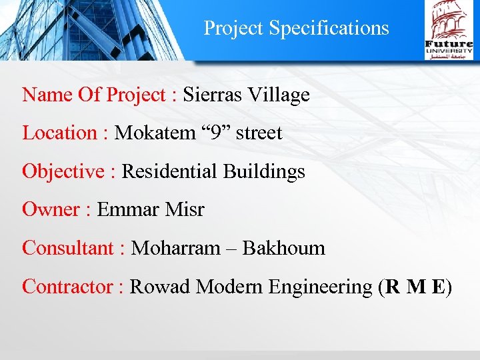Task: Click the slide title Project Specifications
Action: [296, 28]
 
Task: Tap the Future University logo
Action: [449, 30]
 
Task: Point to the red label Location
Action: [60, 133]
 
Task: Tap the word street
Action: [259, 133]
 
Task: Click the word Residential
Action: [169, 171]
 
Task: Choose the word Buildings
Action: [264, 171]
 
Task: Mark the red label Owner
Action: [51, 209]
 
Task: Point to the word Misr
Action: [184, 209]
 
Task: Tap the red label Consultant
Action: [69, 248]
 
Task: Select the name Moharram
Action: [176, 248]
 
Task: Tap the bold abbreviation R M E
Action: [415, 287]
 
